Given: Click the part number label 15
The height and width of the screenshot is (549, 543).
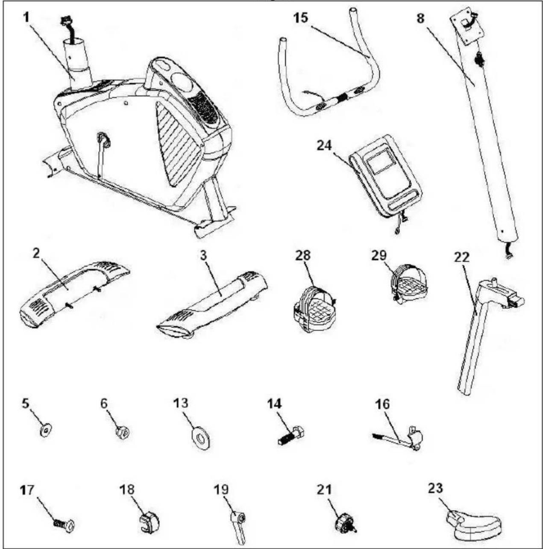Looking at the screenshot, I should click(302, 18).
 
